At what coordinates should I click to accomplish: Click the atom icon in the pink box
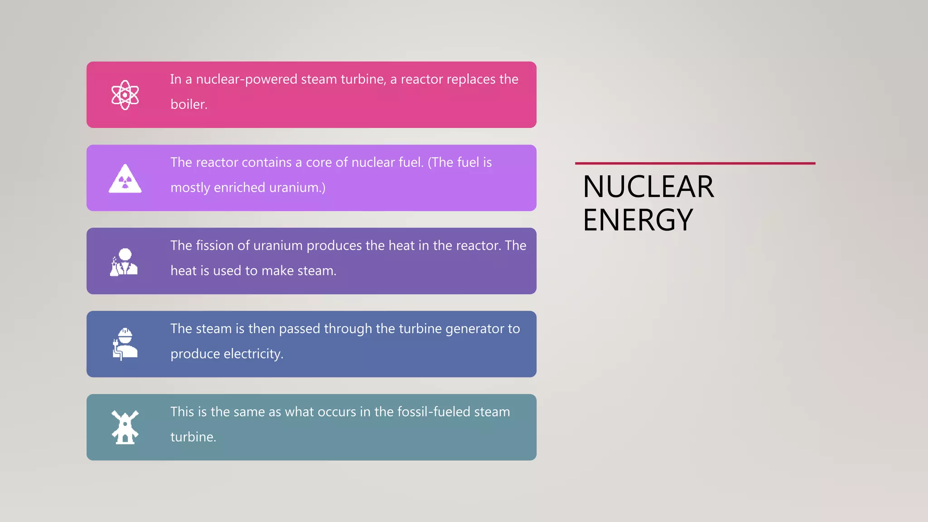coord(125,95)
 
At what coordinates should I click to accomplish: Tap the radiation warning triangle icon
coord(125,179)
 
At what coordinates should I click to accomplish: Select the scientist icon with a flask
coord(124,262)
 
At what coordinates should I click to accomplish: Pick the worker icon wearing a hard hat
coord(125,344)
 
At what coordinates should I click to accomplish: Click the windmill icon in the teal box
coord(125,427)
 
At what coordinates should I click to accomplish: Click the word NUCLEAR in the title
coord(648,187)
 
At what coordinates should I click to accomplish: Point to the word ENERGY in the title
coord(638,220)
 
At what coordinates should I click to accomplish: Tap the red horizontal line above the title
coord(695,163)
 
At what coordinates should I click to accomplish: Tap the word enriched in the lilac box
coord(239,188)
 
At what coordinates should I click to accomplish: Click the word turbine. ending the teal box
coord(193,437)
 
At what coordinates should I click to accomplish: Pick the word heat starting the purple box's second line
coord(184,271)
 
